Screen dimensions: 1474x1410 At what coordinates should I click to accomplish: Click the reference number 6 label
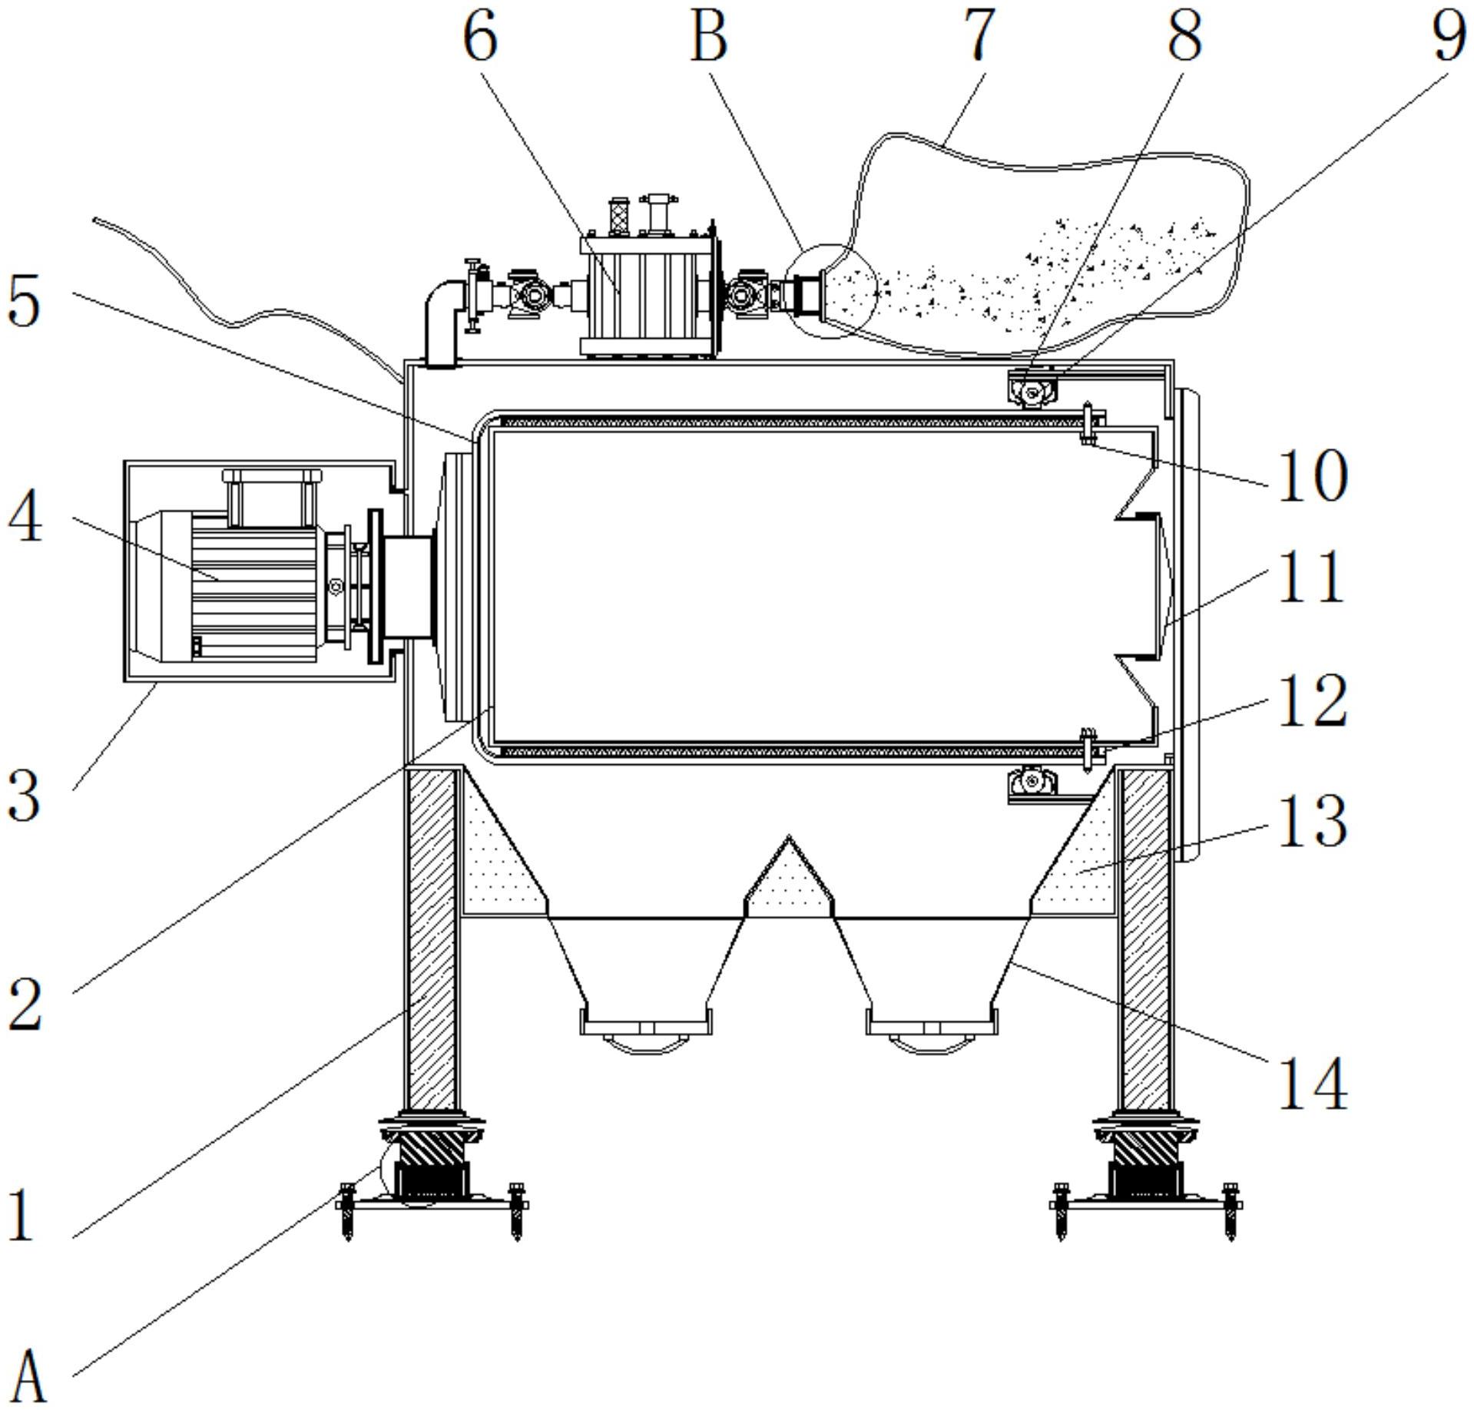point(481,36)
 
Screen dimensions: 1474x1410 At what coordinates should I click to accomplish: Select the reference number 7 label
point(978,36)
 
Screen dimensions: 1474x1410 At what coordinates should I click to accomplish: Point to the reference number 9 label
point(1449,36)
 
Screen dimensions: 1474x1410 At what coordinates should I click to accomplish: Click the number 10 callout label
point(1312,475)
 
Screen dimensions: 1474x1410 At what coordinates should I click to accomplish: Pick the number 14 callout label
point(1312,1084)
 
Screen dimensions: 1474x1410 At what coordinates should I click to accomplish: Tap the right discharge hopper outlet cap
point(932,1029)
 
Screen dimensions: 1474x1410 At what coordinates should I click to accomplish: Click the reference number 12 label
point(1312,701)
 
